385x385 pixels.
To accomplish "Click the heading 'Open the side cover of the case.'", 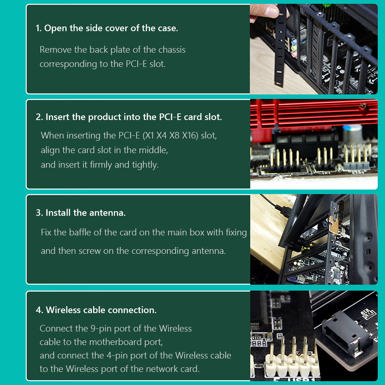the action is pyautogui.click(x=111, y=28).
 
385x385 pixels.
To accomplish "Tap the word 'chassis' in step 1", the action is pyautogui.click(x=172, y=50).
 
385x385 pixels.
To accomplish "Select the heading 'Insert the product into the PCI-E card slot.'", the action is pyautogui.click(x=133, y=117).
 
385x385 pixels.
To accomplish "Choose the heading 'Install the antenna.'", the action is pyautogui.click(x=85, y=213).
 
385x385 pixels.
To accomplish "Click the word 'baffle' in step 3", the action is pyautogui.click(x=80, y=232).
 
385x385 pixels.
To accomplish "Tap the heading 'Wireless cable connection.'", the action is pyautogui.click(x=101, y=310).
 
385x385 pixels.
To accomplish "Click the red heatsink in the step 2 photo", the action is pyautogui.click(x=314, y=113).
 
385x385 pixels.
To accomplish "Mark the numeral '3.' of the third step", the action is pyautogui.click(x=39, y=213).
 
